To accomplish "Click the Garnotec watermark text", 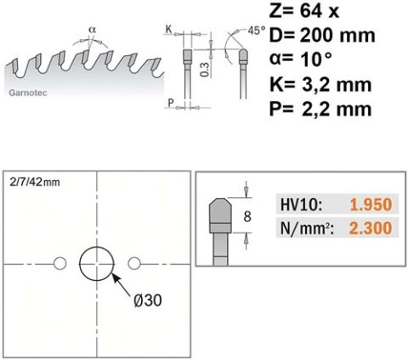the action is (x=28, y=93).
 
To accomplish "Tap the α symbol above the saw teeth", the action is (x=93, y=29).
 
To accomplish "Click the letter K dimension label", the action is (x=169, y=29).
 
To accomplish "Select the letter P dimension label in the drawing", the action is (x=171, y=103).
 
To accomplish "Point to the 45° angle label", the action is (x=257, y=31).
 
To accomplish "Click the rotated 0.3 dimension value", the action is (x=205, y=70).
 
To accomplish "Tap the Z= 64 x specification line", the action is (x=304, y=11).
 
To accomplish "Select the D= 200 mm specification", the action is (x=322, y=36).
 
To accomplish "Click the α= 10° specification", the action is (x=301, y=59).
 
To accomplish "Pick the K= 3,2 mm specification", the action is (x=320, y=84).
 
